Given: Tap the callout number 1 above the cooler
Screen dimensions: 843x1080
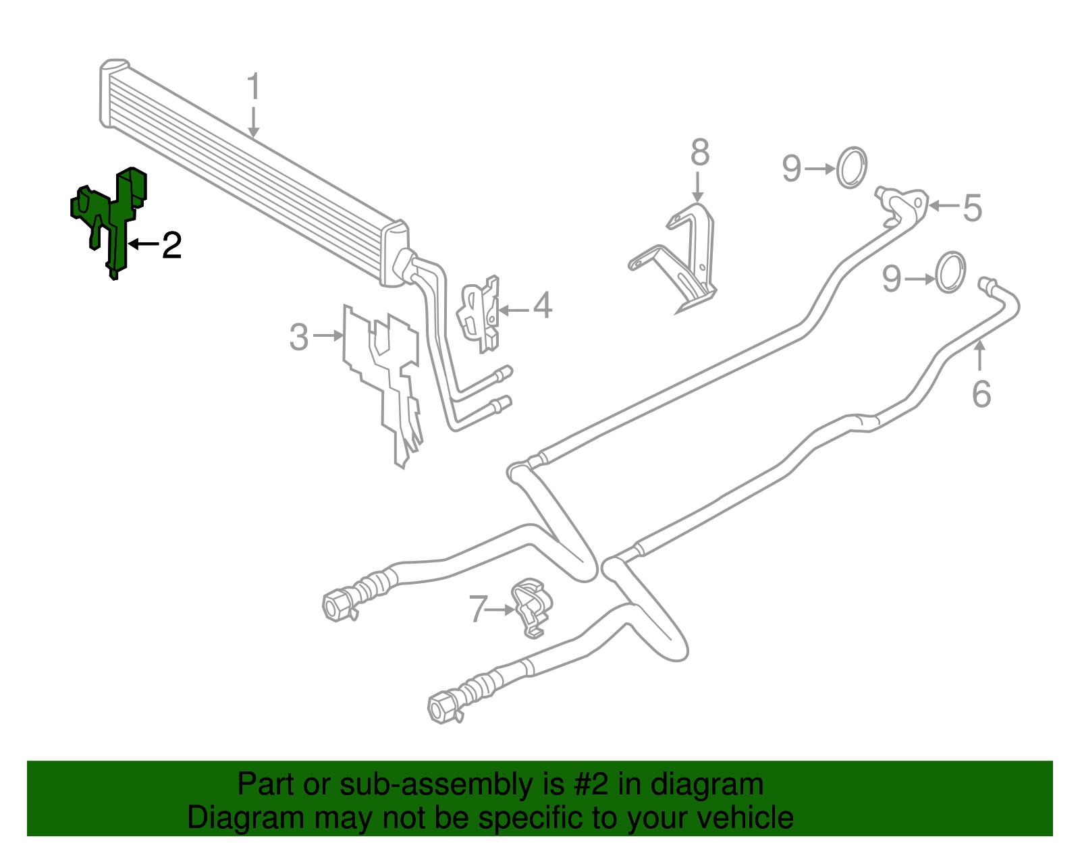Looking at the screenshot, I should point(253,87).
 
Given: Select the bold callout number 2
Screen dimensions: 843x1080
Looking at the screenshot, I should point(172,245).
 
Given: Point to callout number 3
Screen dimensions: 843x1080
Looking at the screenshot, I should point(299,337).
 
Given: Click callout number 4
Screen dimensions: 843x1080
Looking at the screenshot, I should point(543,306).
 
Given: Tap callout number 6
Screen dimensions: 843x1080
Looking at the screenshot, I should point(981,393).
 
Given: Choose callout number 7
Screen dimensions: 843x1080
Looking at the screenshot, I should point(478,609).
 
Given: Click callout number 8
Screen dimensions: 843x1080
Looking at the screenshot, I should point(700,153).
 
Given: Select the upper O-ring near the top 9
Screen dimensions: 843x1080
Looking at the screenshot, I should point(852,167).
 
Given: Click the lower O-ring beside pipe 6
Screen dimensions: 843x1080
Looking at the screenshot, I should point(950,272).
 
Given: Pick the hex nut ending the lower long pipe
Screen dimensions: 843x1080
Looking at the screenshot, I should point(442,707).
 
